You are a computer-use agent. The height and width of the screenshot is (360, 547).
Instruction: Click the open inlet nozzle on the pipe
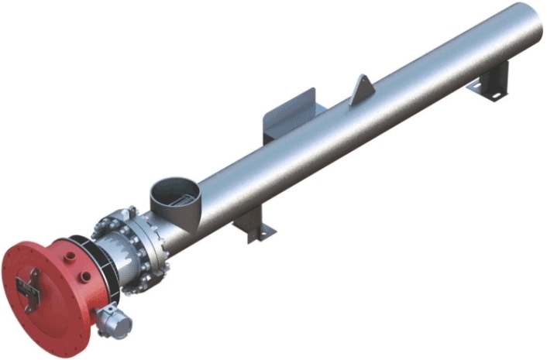click(x=172, y=194)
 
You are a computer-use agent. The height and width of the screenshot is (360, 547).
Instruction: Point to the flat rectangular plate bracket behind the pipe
click(x=291, y=116)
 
